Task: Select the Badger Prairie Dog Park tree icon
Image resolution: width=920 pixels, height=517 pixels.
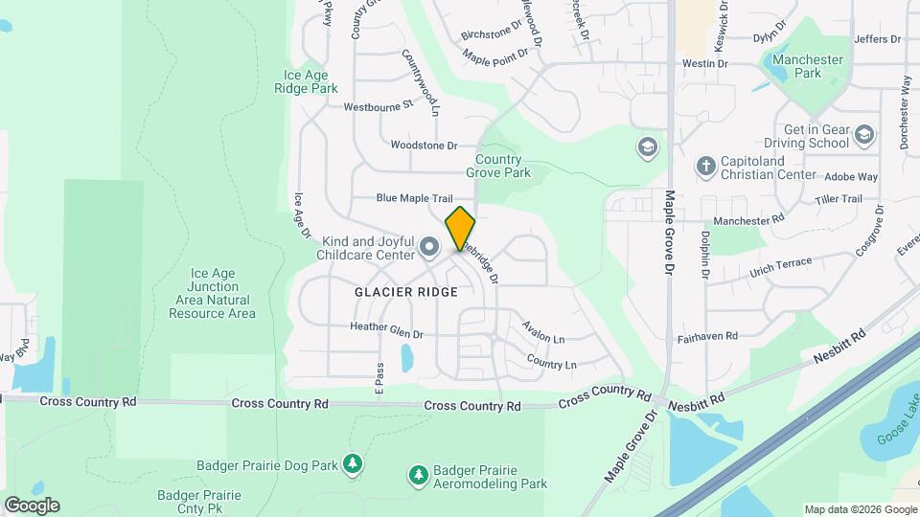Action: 354,464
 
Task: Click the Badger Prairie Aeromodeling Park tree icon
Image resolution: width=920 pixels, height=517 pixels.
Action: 418,474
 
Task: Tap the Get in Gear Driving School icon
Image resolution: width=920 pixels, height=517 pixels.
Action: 865,135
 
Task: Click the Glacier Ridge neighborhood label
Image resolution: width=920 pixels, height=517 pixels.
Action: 406,291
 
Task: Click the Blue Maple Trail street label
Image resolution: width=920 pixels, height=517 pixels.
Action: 414,198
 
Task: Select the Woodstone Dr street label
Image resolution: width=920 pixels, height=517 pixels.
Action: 425,146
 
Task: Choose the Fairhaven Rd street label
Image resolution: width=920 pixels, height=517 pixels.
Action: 705,336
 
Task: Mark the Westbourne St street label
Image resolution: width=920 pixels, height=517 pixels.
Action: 378,105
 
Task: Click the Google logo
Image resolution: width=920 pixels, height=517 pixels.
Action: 32,505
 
